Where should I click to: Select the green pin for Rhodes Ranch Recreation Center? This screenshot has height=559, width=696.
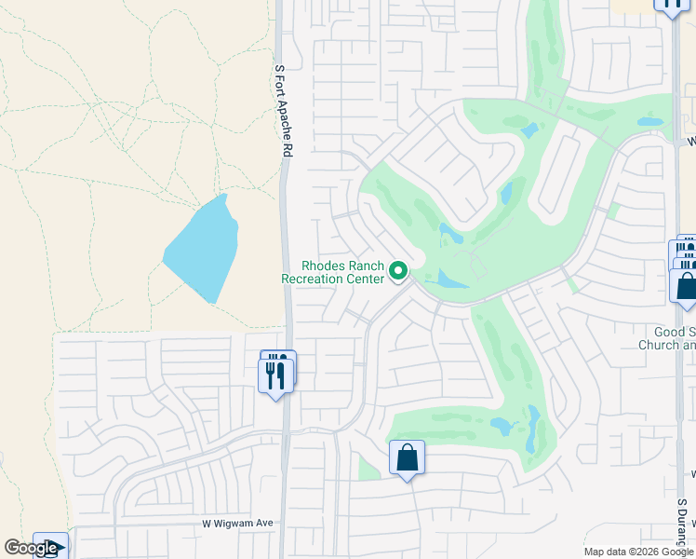(x=398, y=271)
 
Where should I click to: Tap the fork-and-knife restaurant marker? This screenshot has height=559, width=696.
(x=275, y=374)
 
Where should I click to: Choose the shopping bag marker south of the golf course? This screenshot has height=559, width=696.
(x=407, y=457)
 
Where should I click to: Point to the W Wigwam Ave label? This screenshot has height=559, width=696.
(x=238, y=524)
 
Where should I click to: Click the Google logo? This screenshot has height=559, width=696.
(x=31, y=548)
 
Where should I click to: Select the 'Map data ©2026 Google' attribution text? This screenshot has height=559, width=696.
(x=639, y=552)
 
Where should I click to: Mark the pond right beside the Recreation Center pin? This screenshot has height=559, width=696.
(x=452, y=279)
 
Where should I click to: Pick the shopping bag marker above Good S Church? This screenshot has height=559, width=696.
(x=686, y=284)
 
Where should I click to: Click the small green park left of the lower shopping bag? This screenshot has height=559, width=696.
(x=368, y=469)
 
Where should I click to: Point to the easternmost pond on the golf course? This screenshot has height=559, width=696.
(x=649, y=122)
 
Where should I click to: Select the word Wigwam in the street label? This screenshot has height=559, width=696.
(x=239, y=524)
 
